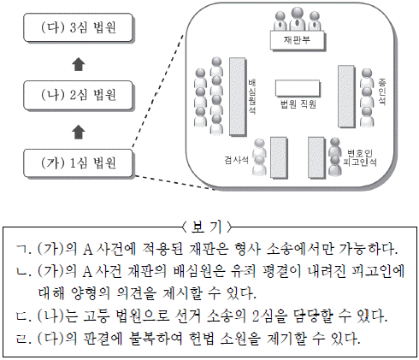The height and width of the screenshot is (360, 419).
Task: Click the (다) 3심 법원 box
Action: coord(79,27)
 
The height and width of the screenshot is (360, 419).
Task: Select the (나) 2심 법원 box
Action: coord(79,96)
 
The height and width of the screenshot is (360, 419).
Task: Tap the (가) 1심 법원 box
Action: coord(79,163)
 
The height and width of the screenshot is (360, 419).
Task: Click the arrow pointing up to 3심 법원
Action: coord(79,64)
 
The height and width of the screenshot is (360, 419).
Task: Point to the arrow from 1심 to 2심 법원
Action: coord(79,132)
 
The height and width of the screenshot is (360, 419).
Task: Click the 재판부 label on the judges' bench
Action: coord(297,40)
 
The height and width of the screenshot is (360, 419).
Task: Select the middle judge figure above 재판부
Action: coord(298,19)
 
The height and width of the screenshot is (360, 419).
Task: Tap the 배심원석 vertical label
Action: coord(251,97)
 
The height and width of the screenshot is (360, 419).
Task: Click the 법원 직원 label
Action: coord(298,104)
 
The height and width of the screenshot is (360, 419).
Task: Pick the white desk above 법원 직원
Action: coord(298,88)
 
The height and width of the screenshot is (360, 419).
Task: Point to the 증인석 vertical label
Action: coord(382,92)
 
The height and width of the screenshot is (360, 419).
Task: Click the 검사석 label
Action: coord(236,160)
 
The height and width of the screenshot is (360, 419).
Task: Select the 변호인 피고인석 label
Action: coord(360,157)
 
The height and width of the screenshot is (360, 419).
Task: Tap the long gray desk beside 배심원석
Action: coord(238,97)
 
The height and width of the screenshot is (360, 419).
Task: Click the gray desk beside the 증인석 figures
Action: coord(346,97)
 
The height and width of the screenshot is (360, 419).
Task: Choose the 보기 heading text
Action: coord(207,227)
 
